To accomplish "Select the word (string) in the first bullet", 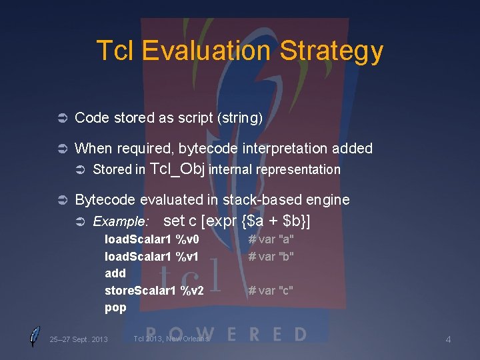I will pos(240,118).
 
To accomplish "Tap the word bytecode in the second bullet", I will pos(207,148).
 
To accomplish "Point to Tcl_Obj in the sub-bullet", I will pos(178,169).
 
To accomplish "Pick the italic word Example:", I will pos(121,221).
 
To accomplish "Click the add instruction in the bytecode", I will pos(115,273).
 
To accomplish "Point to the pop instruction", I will pos(115,307).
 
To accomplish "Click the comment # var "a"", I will pos(271,239).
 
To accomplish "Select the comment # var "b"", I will pos(271,256).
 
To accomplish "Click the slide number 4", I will pos(448,340).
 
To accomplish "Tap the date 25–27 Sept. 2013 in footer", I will pos(79,339).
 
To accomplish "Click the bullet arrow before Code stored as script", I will pos(59,119).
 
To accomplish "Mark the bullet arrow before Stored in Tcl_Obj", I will pos(79,169).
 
